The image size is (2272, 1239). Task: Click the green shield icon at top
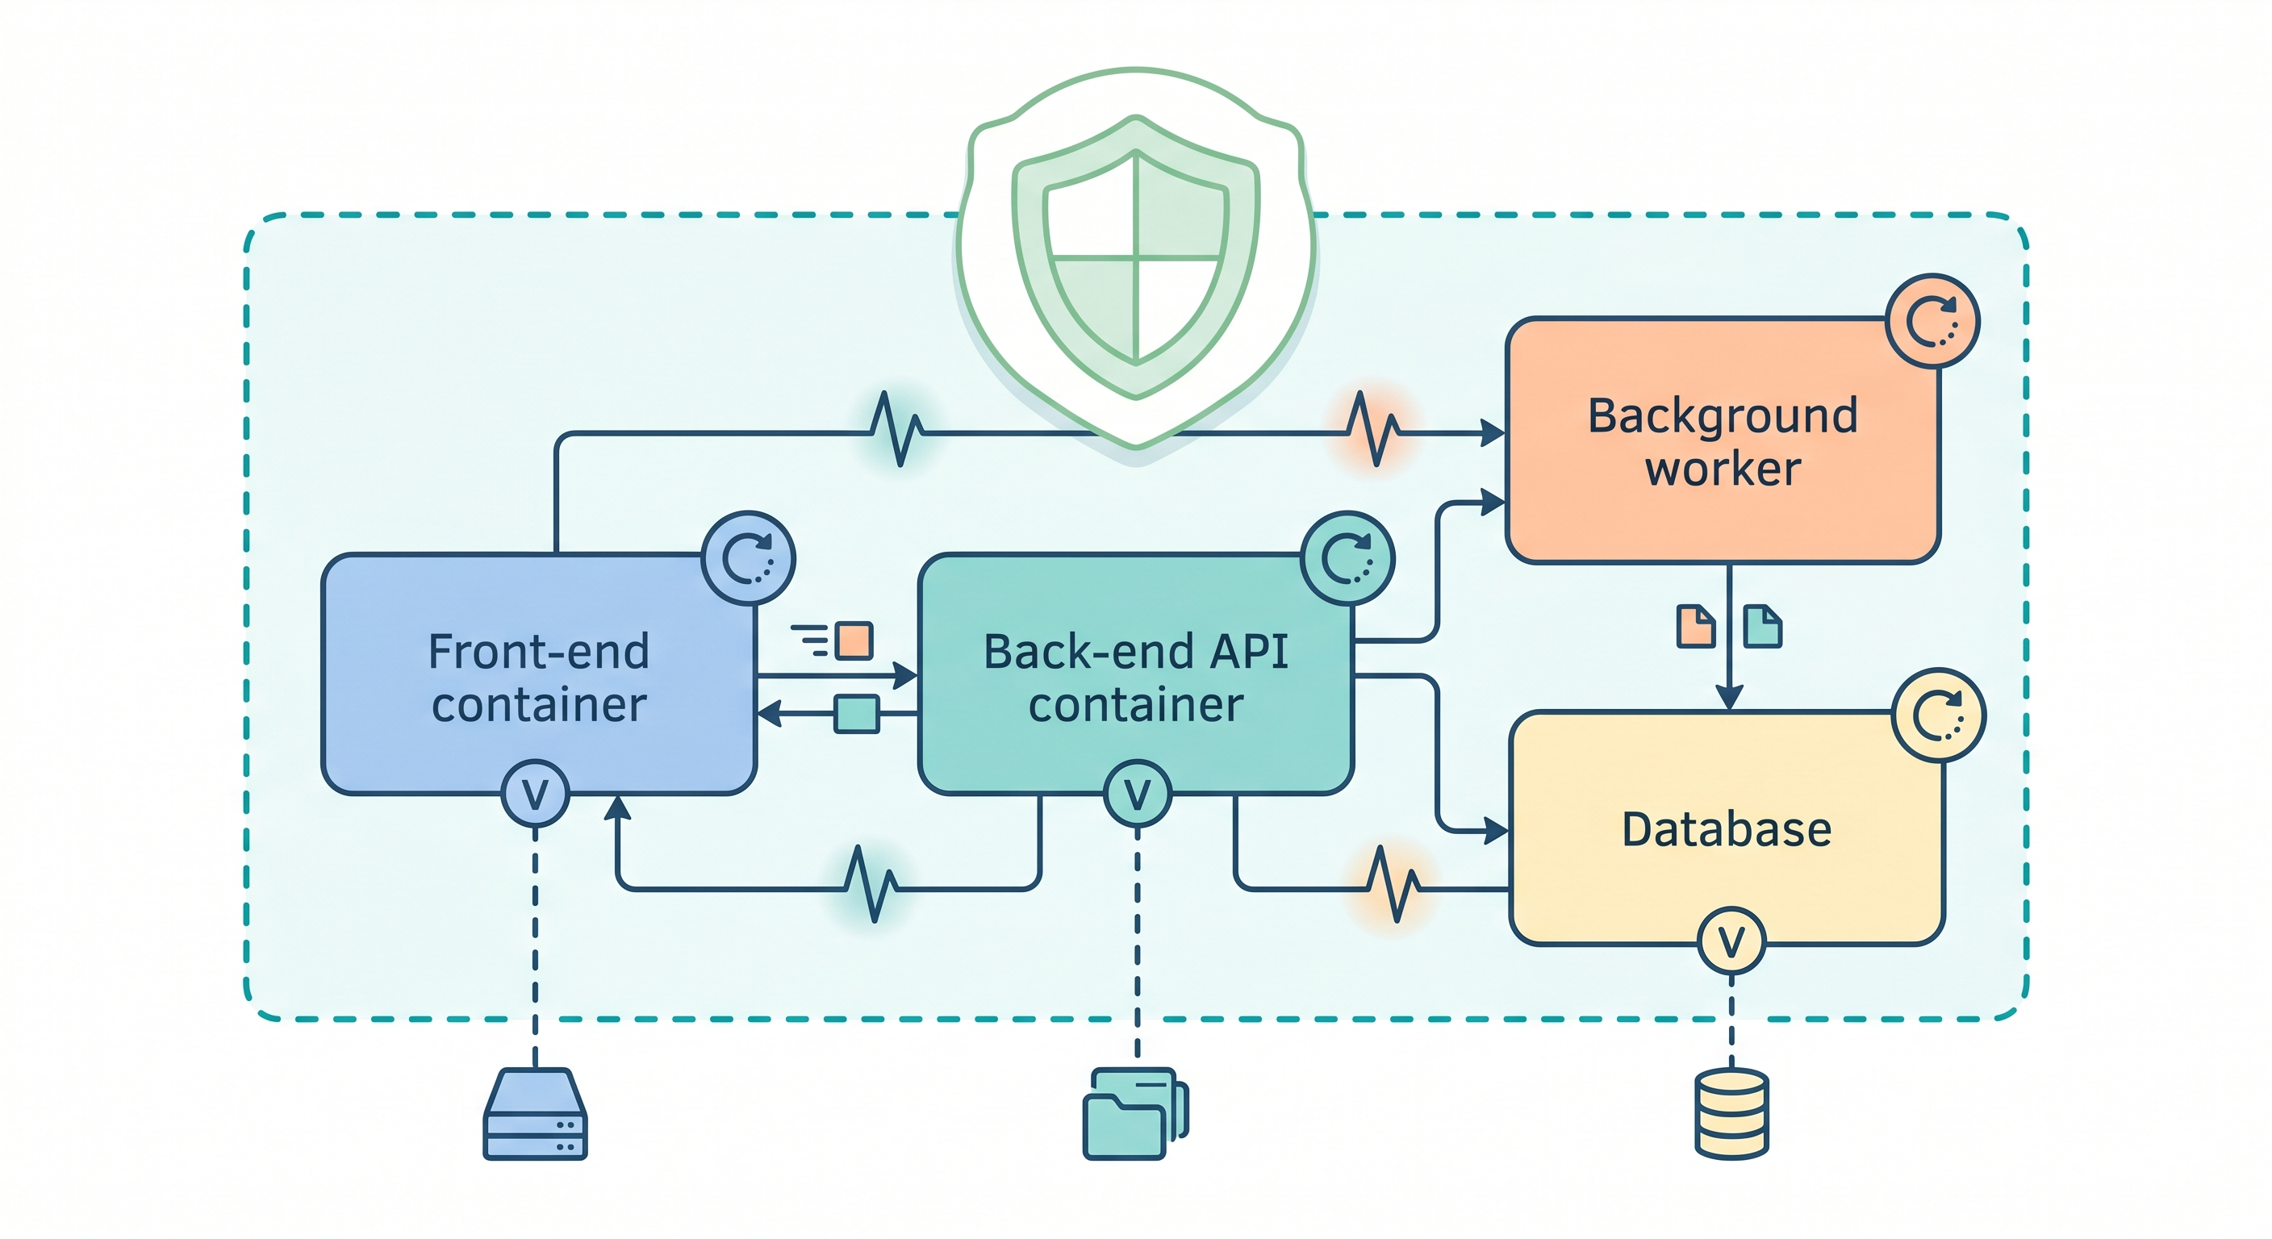[x=1136, y=256]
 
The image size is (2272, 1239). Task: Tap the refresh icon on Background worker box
[x=1932, y=321]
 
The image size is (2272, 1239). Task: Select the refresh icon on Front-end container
[x=748, y=558]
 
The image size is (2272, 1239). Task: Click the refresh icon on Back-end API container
[x=1347, y=558]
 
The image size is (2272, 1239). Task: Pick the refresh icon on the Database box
[x=1938, y=715]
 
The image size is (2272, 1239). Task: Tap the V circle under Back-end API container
[x=1138, y=794]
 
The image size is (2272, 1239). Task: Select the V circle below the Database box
[x=1731, y=941]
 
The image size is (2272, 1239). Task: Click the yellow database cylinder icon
[x=1731, y=1113]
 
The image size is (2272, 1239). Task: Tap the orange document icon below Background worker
[x=1695, y=627]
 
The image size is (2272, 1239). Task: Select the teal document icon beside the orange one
[x=1762, y=627]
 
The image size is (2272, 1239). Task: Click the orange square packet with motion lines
[x=853, y=640]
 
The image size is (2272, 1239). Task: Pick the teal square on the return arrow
[x=856, y=713]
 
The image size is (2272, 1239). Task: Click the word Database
[x=1726, y=830]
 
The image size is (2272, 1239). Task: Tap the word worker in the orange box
[x=1723, y=469]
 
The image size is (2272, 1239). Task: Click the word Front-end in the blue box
[x=538, y=653]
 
